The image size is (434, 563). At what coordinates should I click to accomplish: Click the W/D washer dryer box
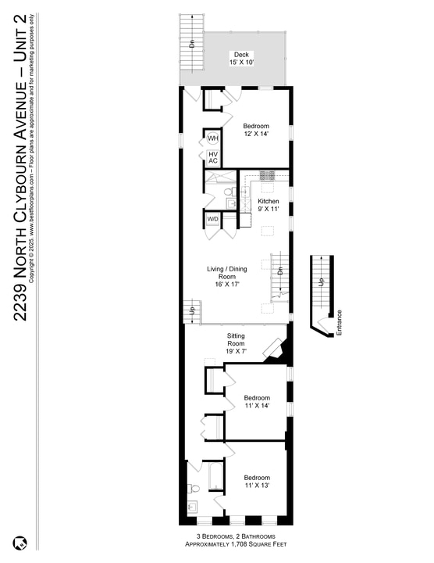[213, 219]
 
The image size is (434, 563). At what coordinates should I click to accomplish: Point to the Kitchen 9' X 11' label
[269, 205]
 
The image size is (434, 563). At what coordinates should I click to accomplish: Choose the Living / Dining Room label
[226, 277]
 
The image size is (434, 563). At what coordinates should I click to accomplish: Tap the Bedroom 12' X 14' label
[256, 131]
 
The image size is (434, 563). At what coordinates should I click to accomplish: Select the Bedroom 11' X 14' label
[256, 400]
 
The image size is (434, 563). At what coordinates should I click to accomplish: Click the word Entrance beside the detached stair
[339, 324]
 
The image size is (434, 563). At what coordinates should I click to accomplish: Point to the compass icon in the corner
[20, 542]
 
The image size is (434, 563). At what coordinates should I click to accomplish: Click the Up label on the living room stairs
[192, 311]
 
